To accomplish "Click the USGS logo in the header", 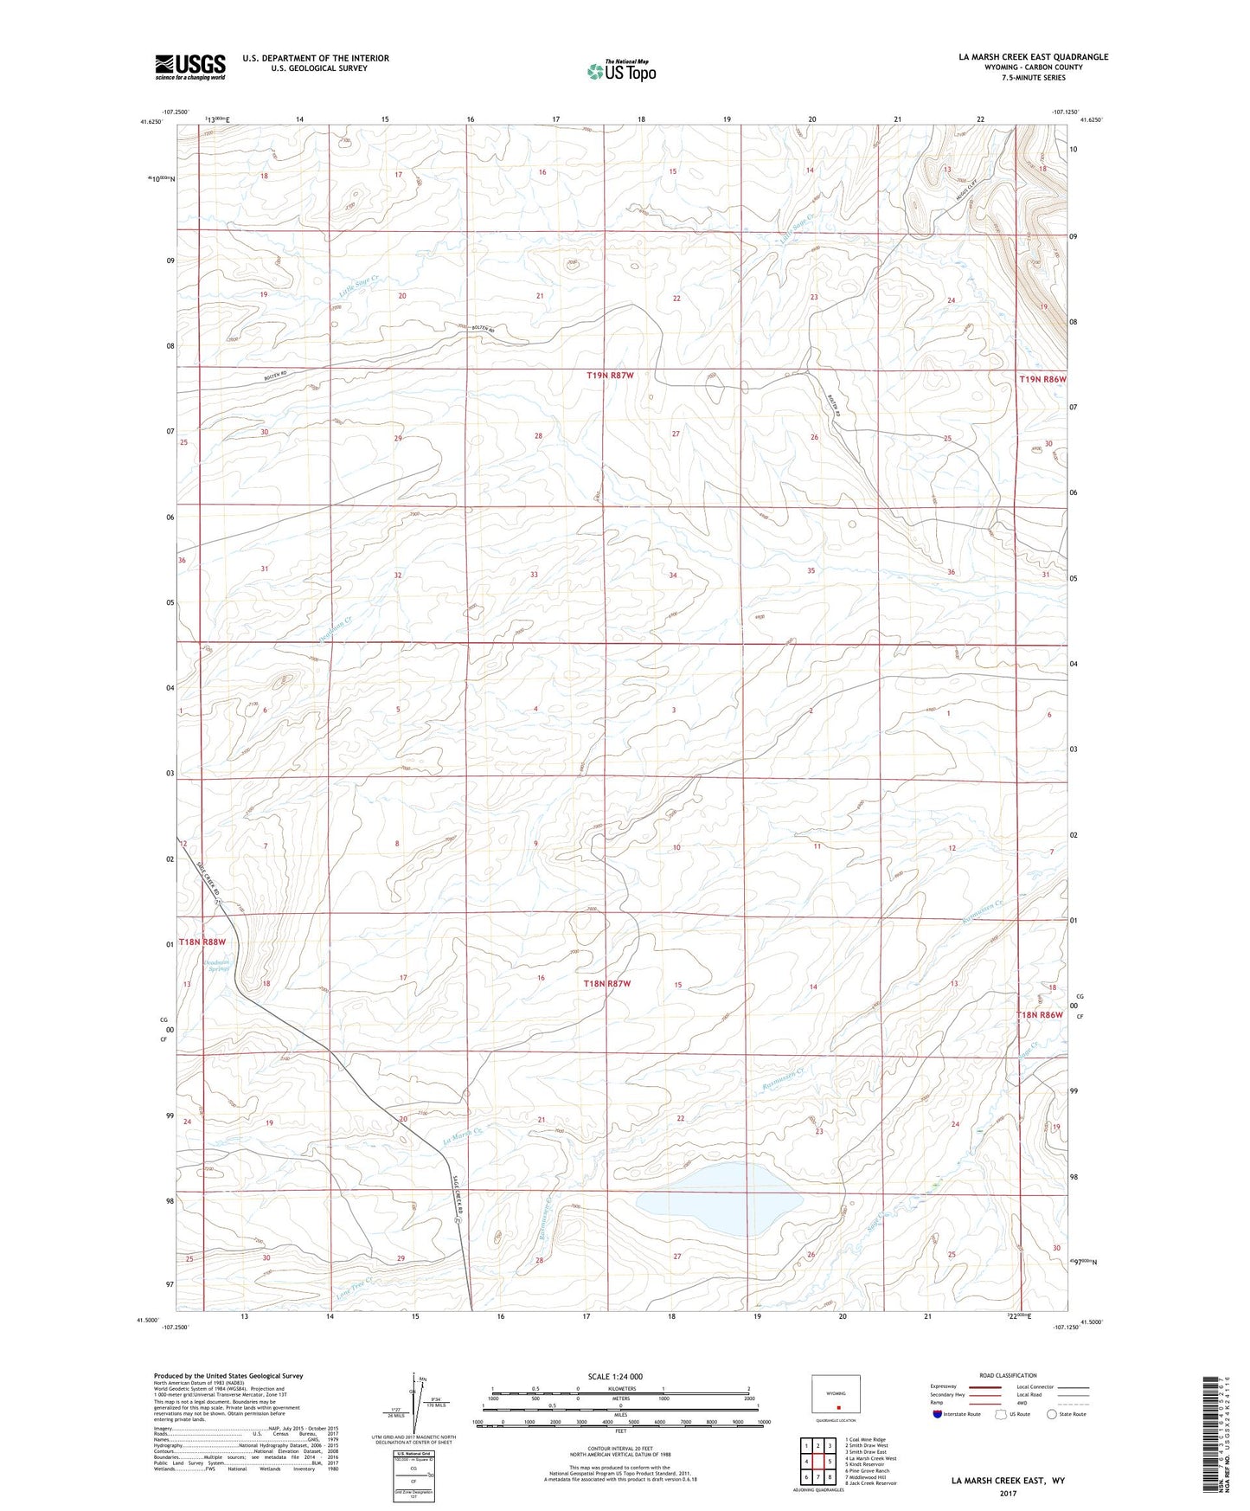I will click(189, 67).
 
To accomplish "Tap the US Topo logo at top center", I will click(620, 71).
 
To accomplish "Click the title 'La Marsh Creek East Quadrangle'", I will click(1033, 57).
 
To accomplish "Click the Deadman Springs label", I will click(215, 966).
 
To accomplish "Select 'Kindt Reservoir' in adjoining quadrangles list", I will click(867, 1464).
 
